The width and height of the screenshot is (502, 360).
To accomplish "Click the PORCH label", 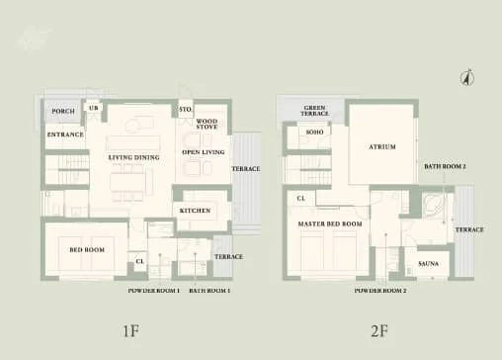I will pyautogui.click(x=62, y=112).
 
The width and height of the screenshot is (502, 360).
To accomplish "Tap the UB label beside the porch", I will pyautogui.click(x=94, y=107).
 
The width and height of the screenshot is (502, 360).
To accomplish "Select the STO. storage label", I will pyautogui.click(x=184, y=109).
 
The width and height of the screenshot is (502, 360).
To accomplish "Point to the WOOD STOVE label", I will pyautogui.click(x=207, y=125).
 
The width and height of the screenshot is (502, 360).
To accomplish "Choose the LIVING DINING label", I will pyautogui.click(x=132, y=157).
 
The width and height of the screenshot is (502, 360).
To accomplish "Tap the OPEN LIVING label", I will pyautogui.click(x=204, y=153).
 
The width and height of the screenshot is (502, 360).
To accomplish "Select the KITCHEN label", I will pyautogui.click(x=195, y=212).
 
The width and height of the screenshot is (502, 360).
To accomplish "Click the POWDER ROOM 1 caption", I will pyautogui.click(x=154, y=291).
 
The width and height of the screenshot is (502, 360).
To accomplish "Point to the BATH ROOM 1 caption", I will pyautogui.click(x=210, y=291).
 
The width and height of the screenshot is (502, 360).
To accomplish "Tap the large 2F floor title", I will pyautogui.click(x=377, y=330).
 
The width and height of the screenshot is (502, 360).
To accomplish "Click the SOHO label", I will pyautogui.click(x=315, y=132).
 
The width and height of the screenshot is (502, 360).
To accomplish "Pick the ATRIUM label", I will pyautogui.click(x=382, y=146).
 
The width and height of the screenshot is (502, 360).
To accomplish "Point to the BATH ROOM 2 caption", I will pyautogui.click(x=445, y=166).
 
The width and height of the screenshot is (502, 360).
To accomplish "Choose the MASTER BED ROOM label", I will pyautogui.click(x=330, y=225).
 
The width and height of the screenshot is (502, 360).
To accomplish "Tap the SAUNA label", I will pyautogui.click(x=429, y=264).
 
